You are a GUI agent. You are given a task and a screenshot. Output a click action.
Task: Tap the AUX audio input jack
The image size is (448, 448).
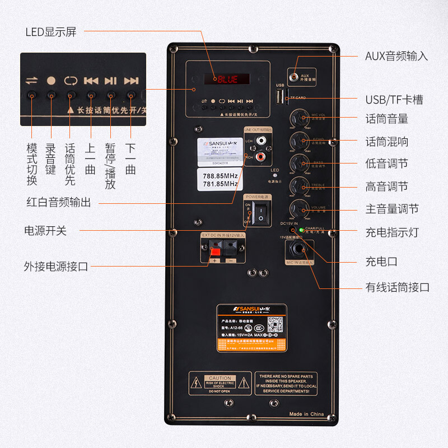tap(294, 76)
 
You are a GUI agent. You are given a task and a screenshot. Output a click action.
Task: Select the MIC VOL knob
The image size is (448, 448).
tap(298, 119)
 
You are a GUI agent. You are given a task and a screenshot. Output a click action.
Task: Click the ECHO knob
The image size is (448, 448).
tap(298, 141)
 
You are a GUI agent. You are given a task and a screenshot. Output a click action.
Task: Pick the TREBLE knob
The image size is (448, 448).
tap(298, 186)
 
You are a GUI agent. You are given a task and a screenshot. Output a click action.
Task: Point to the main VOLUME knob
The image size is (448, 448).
tap(298, 209)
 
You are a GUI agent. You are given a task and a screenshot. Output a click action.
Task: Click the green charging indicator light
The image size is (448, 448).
tap(301, 230)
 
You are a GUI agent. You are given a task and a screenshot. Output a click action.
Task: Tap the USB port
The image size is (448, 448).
tap(279, 97)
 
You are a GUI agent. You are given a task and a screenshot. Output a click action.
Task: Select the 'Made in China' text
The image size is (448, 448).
tap(306, 414)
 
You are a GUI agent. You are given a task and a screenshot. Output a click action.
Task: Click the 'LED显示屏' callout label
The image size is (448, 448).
tap(50, 31)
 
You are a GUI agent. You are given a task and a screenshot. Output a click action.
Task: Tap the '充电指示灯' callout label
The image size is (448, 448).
tap(392, 232)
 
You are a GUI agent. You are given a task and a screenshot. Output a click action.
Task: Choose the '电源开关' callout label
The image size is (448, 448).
tap(45, 230)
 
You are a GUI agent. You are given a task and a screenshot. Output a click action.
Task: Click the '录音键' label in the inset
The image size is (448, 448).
tap(51, 158)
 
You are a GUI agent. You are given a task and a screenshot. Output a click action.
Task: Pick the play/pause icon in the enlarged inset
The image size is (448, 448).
tap(111, 81)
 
